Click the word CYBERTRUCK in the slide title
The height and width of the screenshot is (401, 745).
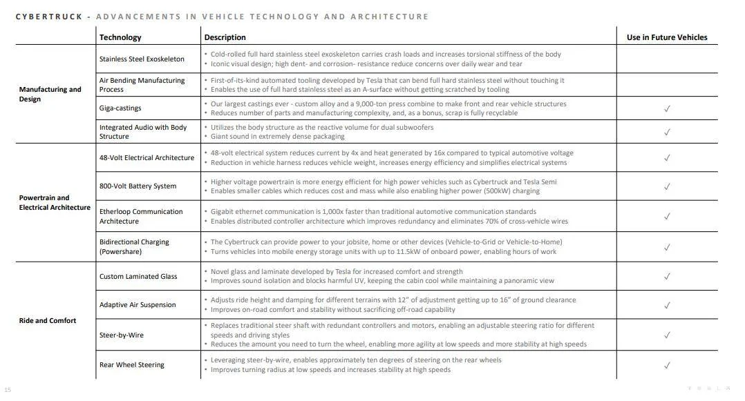pos(49,17)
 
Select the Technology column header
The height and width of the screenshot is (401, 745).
pos(120,37)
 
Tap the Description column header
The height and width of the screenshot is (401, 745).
pos(225,37)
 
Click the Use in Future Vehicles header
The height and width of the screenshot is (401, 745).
pos(667,37)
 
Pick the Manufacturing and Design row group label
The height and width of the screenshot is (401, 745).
pos(50,94)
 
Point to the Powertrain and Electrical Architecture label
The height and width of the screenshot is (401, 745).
pos(55,202)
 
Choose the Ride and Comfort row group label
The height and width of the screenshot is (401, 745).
pos(48,320)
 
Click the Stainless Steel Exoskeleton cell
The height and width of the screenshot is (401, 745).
pos(142,59)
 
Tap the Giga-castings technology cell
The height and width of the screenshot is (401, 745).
pos(120,108)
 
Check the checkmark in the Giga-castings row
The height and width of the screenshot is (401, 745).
pos(667,108)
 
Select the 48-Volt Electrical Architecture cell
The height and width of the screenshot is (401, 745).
pos(147,157)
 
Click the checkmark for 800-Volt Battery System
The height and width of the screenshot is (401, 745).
pos(667,186)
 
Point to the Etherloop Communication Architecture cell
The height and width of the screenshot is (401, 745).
pos(141,216)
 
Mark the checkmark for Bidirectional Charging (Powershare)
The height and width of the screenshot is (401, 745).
pos(667,247)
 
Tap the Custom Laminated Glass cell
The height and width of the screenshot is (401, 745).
pos(138,276)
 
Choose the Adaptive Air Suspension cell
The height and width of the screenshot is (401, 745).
pos(138,304)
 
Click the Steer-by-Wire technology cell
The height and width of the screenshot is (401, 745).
pos(121,335)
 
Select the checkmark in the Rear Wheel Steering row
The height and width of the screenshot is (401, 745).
pos(667,365)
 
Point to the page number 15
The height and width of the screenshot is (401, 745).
pos(8,389)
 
